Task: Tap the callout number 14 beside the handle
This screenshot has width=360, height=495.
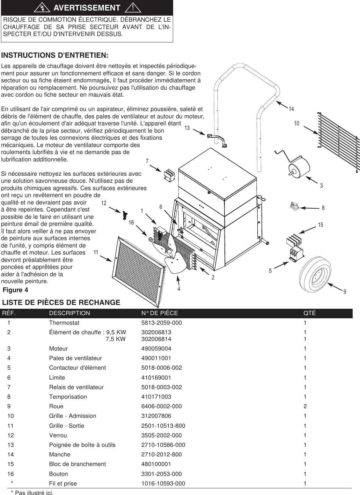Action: tap(291, 109)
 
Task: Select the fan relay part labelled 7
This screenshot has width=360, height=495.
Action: tap(170, 175)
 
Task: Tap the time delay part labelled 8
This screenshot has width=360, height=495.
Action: tap(294, 206)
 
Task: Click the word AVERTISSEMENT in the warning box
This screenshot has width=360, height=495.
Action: tap(86, 8)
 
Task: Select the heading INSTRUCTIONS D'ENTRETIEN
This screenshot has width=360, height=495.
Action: tap(55, 55)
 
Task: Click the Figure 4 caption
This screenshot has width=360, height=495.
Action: tap(16, 290)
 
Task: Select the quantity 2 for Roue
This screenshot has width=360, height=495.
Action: tap(305, 406)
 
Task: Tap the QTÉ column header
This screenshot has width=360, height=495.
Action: tap(310, 313)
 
